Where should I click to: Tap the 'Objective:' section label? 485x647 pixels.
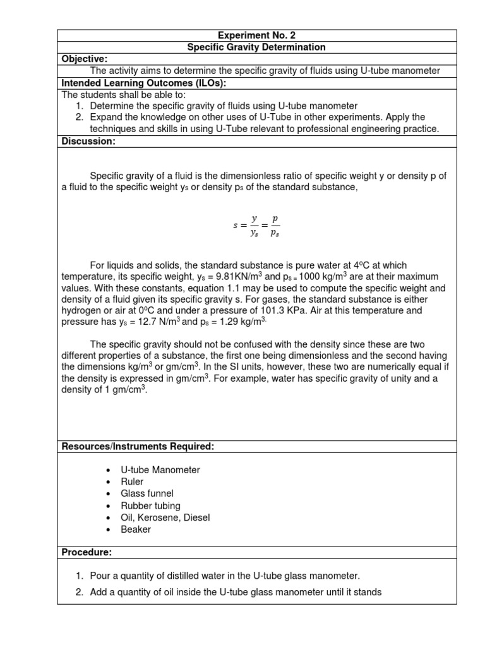pos(85,59)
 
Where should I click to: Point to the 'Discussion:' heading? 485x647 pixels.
pos(88,142)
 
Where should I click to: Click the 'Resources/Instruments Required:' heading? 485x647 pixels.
pos(138,447)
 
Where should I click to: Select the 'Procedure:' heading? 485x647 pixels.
pos(87,552)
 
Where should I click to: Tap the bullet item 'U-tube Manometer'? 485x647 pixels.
pos(160,469)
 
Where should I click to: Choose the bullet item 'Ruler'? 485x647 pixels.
pos(132,481)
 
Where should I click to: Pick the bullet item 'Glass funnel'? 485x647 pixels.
pos(147,493)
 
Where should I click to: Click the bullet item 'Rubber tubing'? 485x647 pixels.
pos(150,505)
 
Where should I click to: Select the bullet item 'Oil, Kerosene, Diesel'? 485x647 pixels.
pos(165,517)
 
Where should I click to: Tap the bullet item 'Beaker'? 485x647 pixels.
pos(136,529)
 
